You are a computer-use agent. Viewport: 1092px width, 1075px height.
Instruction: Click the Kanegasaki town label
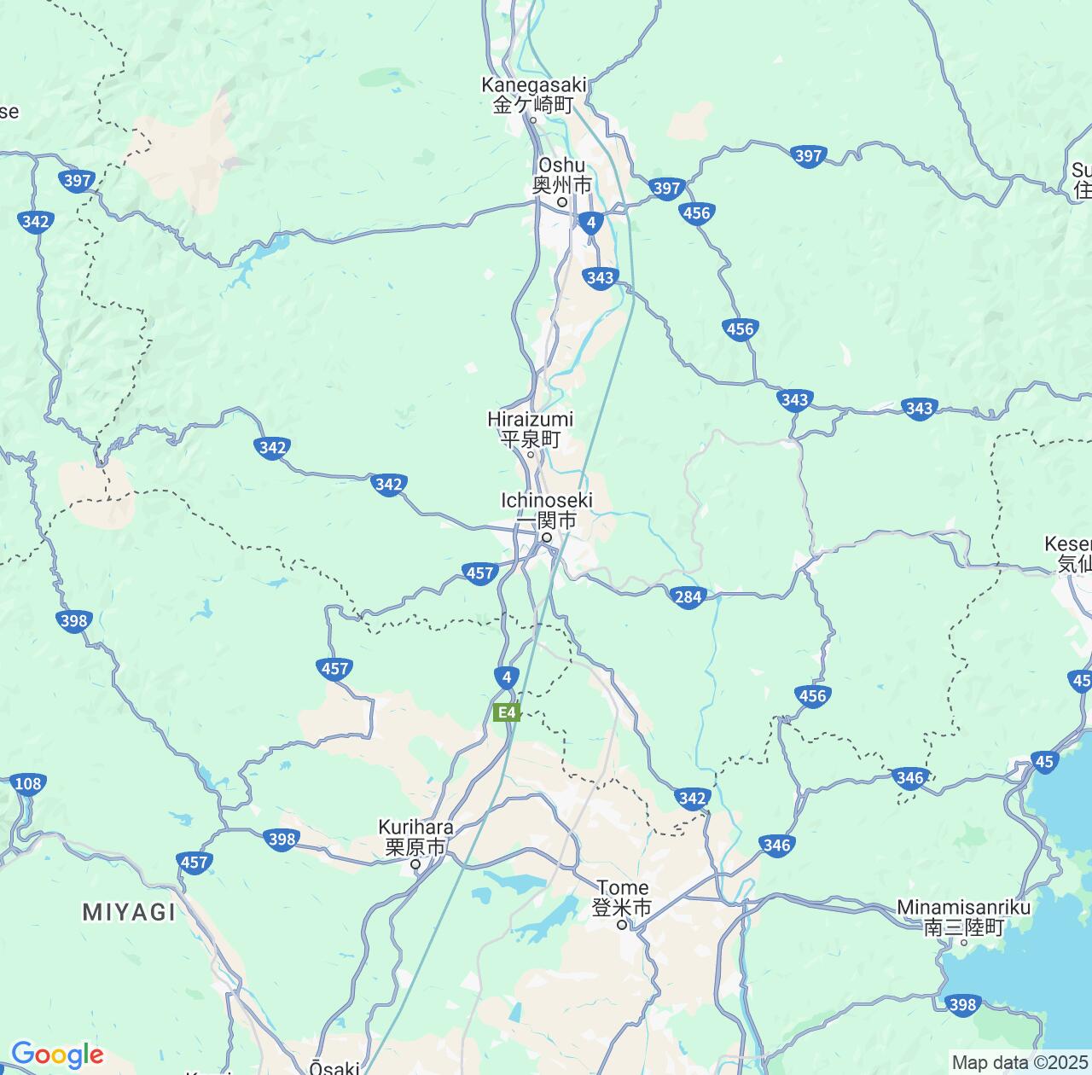coord(534,95)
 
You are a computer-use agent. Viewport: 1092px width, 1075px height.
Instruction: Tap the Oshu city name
coord(561,174)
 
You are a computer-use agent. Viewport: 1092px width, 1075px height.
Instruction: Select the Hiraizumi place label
coord(530,429)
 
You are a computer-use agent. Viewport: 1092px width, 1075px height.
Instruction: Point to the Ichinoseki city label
coord(546,509)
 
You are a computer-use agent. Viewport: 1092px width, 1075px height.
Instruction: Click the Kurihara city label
coord(415,837)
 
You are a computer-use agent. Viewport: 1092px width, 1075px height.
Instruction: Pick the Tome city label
coord(622,898)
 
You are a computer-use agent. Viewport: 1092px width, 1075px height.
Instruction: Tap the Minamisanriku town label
coord(963,918)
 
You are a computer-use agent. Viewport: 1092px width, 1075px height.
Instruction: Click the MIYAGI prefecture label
coord(130,912)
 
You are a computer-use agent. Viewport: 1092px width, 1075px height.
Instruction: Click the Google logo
coord(57,1055)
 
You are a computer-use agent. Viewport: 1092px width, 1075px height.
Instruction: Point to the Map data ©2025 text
coord(1020,1063)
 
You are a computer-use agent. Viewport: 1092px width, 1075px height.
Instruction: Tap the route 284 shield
coord(688,596)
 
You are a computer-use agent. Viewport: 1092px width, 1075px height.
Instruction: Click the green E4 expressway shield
coord(507,712)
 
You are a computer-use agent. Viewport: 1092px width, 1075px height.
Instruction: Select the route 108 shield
coord(28,784)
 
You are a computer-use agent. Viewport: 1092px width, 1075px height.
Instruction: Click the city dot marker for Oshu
coord(562,202)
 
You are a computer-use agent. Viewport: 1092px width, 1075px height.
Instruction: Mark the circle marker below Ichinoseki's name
coord(546,538)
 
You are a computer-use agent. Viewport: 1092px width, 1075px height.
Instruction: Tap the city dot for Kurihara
coord(416,864)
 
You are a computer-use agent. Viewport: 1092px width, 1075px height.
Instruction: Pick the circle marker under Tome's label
coord(623,924)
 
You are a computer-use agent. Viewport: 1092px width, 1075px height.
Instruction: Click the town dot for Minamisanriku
coord(963,942)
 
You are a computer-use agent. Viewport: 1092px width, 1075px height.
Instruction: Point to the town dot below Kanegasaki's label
coord(533,119)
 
